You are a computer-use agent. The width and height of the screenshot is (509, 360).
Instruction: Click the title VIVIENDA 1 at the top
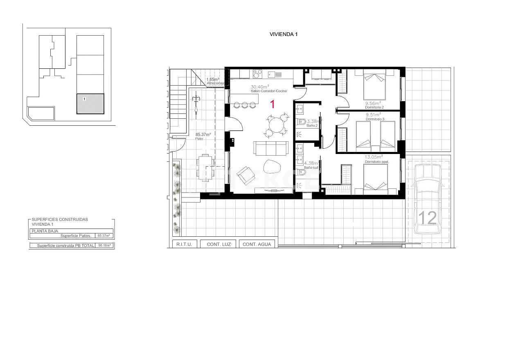pos(284,34)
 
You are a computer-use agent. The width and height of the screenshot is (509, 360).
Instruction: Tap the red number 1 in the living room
pos(272,104)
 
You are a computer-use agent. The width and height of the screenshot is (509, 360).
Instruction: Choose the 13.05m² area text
pos(374,156)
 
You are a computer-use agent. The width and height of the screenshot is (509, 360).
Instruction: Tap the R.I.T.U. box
pos(182,244)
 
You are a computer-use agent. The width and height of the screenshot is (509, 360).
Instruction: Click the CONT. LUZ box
pos(219,244)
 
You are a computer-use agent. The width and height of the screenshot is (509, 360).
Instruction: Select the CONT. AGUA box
pos(257,244)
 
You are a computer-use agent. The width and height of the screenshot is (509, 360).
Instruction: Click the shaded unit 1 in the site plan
pos(90,104)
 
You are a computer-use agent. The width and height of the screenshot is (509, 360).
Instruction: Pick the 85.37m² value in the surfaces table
pos(104,236)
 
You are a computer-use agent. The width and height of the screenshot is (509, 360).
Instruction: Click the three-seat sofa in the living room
pos(271,148)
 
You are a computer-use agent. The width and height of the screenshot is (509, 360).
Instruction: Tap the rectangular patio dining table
pos(205,168)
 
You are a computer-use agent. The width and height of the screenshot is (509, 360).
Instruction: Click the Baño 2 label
pos(312,125)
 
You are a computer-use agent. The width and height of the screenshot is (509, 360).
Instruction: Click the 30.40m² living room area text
pos(260,87)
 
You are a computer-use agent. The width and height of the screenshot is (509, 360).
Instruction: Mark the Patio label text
pos(199,139)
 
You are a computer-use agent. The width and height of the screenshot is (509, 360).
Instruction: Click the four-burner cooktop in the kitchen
pos(257,74)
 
